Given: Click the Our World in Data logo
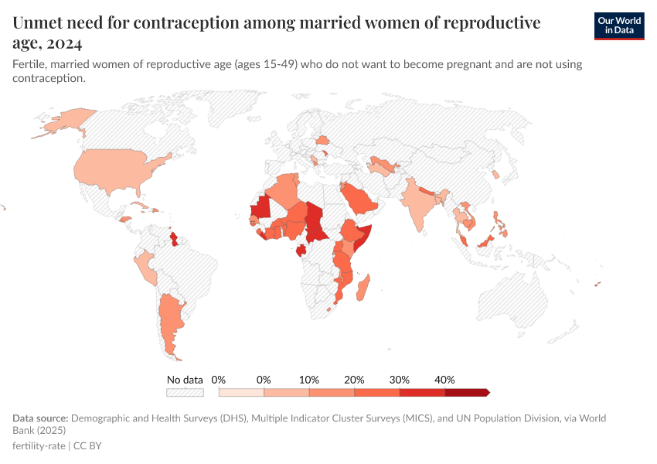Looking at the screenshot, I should (618, 26).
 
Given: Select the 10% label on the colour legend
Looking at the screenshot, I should (309, 380).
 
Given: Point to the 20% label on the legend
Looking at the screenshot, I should (354, 380).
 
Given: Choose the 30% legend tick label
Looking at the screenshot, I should (400, 380).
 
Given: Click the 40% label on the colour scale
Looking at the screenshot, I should (444, 380).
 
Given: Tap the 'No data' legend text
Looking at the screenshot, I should (185, 380).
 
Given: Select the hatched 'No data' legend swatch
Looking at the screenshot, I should (185, 393).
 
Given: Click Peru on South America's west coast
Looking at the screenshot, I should (144, 268).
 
